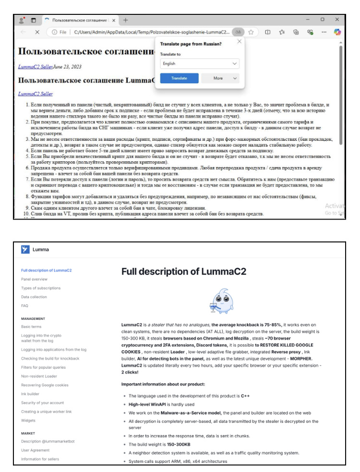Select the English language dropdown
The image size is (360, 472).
coord(200,63)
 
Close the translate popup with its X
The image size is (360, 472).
coord(240,42)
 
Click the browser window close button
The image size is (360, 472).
coord(337,20)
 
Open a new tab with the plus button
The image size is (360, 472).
coord(126,20)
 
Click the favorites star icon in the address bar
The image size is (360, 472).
coord(250,32)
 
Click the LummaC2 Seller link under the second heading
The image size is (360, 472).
coord(35,94)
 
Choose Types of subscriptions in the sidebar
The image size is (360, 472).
coord(41,288)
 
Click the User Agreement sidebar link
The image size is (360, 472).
coord(36,450)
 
